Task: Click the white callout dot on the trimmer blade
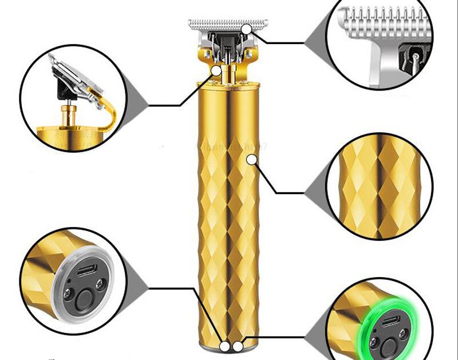(246, 29)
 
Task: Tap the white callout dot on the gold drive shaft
(216, 70)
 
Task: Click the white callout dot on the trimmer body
(251, 160)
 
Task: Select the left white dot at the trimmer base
(225, 346)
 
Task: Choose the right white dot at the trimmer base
(237, 346)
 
